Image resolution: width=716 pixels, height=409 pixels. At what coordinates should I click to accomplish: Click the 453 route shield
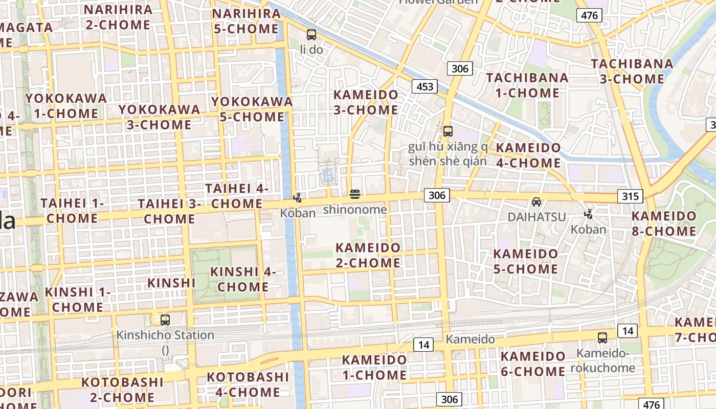(x=425, y=86)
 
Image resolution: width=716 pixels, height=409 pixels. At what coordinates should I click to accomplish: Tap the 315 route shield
(x=630, y=196)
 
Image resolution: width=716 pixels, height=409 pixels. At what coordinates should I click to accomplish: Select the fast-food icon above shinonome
(x=355, y=194)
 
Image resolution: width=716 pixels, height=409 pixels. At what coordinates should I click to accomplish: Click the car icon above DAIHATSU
(x=536, y=202)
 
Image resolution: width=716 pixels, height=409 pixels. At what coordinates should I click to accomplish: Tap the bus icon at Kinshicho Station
(x=165, y=320)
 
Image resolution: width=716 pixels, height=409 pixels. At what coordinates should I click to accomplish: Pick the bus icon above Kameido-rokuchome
(x=602, y=338)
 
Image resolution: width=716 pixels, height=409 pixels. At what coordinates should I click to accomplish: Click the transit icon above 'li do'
(x=311, y=35)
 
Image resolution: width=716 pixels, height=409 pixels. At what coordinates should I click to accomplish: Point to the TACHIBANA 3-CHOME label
(x=632, y=72)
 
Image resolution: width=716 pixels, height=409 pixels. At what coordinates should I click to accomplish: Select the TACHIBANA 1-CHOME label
(x=527, y=85)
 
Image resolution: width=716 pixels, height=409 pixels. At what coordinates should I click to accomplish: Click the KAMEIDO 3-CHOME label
(x=366, y=102)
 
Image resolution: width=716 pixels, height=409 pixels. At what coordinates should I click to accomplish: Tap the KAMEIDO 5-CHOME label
(x=526, y=261)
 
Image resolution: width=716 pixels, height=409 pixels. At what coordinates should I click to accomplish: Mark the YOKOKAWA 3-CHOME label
(x=159, y=117)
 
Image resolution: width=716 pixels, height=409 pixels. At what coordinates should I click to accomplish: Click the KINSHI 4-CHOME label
(x=243, y=279)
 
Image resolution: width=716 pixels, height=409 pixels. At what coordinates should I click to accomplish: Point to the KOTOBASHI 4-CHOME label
(x=248, y=384)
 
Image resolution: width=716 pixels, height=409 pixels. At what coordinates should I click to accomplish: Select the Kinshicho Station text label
(x=165, y=335)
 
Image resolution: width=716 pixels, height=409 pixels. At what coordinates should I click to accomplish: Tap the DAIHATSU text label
(x=536, y=217)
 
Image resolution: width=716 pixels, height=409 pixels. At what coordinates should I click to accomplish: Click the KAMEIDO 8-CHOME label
(x=664, y=223)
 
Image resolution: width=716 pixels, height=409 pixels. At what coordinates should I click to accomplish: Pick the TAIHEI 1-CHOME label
(x=69, y=211)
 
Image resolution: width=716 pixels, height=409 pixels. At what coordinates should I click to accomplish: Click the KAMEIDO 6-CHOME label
(x=533, y=363)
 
